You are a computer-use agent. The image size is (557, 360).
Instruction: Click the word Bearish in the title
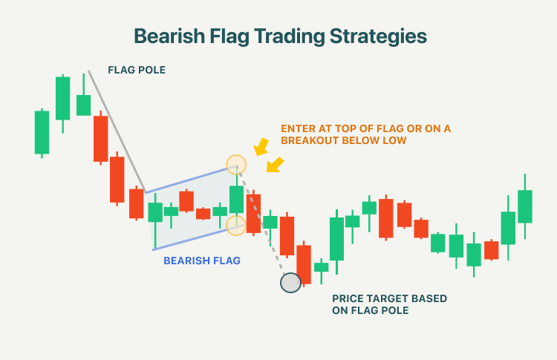(x=169, y=36)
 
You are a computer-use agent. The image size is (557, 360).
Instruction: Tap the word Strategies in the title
(x=378, y=37)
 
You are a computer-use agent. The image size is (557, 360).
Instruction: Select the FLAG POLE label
(x=137, y=70)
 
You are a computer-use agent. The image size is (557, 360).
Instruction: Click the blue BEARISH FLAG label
(x=202, y=261)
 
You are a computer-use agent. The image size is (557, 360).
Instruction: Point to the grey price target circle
(x=290, y=283)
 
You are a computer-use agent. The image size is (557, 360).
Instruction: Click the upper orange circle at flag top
(x=236, y=165)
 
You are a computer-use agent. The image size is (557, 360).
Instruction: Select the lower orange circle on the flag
(x=236, y=225)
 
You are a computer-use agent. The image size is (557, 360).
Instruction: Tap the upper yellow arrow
(x=261, y=147)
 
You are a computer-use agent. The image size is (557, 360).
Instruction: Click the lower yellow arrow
(x=275, y=165)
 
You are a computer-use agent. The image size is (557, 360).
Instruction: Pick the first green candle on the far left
(x=42, y=133)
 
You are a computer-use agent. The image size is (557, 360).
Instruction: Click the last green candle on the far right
(x=524, y=206)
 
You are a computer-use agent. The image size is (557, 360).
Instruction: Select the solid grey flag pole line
(x=117, y=131)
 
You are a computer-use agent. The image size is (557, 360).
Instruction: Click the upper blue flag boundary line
(x=191, y=180)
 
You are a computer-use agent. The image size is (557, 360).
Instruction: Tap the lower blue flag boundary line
(x=199, y=238)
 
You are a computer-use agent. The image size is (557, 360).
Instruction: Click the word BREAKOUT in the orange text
(x=310, y=140)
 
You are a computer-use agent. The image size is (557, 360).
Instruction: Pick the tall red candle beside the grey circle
(x=304, y=264)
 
